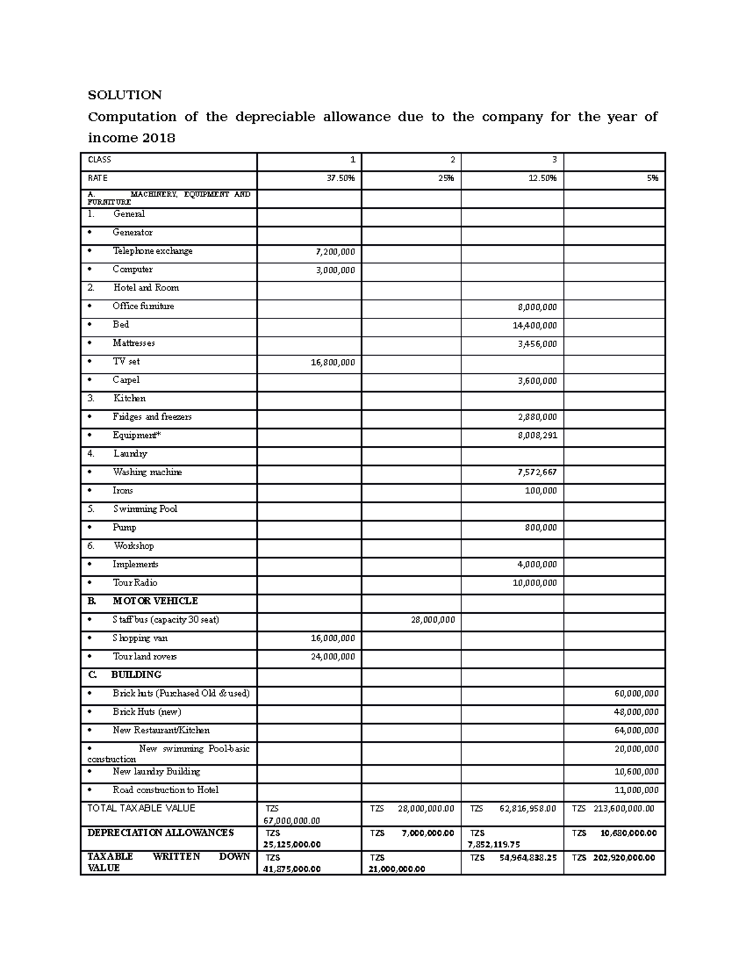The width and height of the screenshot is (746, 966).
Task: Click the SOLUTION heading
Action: coord(124,95)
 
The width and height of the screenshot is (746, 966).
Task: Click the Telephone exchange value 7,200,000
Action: coord(336,252)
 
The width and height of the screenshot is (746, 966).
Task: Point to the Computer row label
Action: coord(132,269)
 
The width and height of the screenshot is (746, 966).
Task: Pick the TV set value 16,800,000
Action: coord(333,363)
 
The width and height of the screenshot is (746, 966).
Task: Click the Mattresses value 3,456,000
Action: coord(537,344)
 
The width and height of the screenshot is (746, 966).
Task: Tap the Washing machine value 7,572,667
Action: coord(537,473)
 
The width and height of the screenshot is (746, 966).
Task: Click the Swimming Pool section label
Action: coord(145,509)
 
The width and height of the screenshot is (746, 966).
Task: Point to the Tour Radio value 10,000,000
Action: coord(535,583)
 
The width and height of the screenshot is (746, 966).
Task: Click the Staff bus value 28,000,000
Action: coord(433,620)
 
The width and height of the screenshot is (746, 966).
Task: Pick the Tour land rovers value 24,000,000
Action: coord(333,657)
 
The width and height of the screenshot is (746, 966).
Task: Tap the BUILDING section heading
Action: coord(136,675)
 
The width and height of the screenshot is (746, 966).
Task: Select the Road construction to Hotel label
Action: coord(165,790)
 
